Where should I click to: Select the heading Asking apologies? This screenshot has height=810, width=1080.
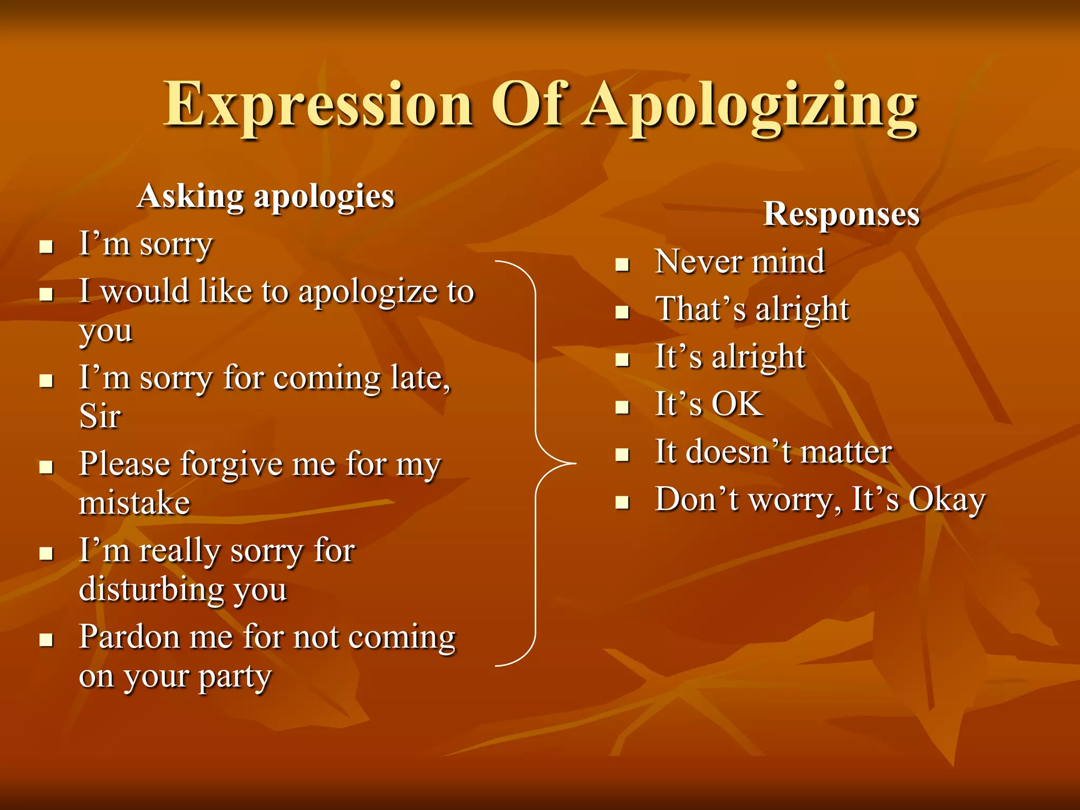[x=266, y=197]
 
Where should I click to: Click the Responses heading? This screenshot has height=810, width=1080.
[x=842, y=214]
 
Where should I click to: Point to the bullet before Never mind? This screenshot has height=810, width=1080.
[x=623, y=264]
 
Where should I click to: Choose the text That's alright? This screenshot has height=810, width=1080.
[x=752, y=309]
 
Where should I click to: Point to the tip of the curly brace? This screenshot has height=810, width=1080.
[x=575, y=464]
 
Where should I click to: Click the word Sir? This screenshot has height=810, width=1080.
[x=100, y=417]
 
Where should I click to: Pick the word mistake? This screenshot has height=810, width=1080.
[x=134, y=503]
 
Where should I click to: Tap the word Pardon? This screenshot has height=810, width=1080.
[x=129, y=637]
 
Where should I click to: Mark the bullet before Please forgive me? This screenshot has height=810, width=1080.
[x=47, y=467]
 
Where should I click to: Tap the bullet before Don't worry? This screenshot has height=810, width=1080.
[x=623, y=502]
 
